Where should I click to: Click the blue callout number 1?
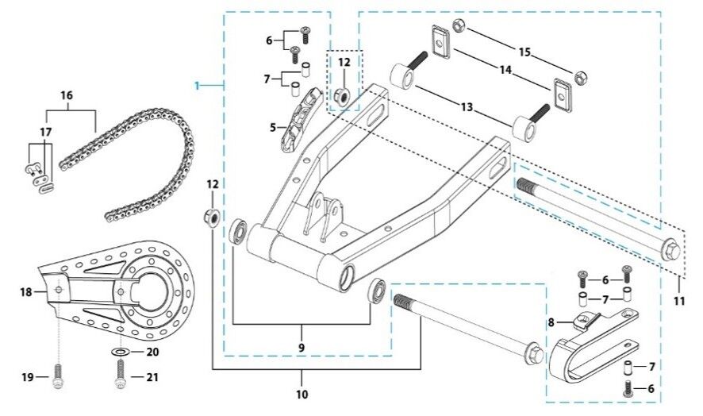(199, 83)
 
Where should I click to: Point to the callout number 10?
(302, 394)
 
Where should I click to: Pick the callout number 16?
(67, 95)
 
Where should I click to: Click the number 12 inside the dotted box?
(343, 62)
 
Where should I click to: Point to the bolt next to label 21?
(121, 375)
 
